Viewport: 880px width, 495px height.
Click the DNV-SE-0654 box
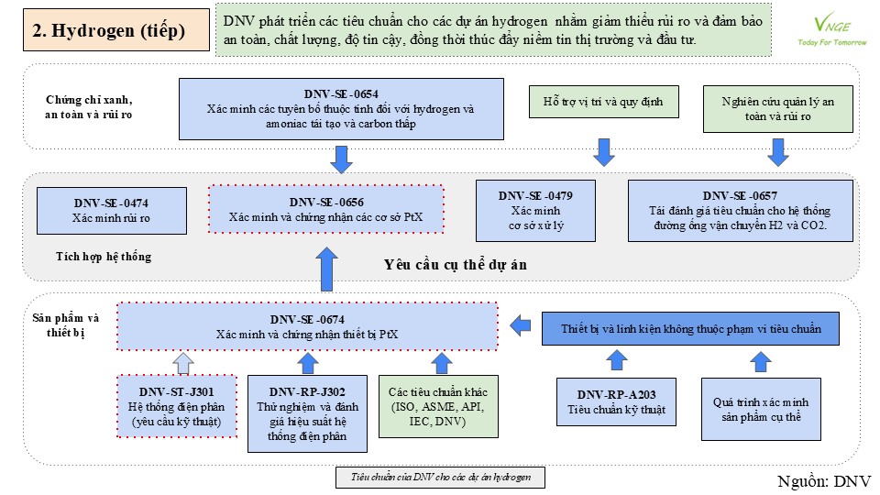[341, 109]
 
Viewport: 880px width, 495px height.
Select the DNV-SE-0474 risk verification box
[112, 211]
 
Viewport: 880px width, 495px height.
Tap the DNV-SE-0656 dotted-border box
[326, 209]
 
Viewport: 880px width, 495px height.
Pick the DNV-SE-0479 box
[535, 211]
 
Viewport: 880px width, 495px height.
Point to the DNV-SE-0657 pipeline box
[741, 211]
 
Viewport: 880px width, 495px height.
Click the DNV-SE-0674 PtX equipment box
[307, 326]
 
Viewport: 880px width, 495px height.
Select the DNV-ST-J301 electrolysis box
[177, 406]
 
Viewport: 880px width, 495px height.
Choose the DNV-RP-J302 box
[308, 413]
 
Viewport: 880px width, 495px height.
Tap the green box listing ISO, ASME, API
[438, 406]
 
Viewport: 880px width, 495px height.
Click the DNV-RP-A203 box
[616, 401]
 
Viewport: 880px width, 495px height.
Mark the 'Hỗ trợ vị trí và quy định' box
[604, 102]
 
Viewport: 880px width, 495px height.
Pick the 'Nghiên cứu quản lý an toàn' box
[778, 109]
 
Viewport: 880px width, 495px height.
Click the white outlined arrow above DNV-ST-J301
[183, 363]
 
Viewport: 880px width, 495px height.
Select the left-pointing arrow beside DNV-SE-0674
[521, 324]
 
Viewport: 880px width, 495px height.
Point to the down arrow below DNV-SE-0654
[341, 159]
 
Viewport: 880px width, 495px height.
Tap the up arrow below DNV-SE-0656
[326, 269]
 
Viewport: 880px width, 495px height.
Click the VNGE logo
[832, 29]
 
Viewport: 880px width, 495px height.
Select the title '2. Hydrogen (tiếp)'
[109, 30]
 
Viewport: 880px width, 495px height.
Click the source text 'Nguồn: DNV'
[824, 481]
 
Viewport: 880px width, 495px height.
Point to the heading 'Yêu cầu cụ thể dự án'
[456, 265]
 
